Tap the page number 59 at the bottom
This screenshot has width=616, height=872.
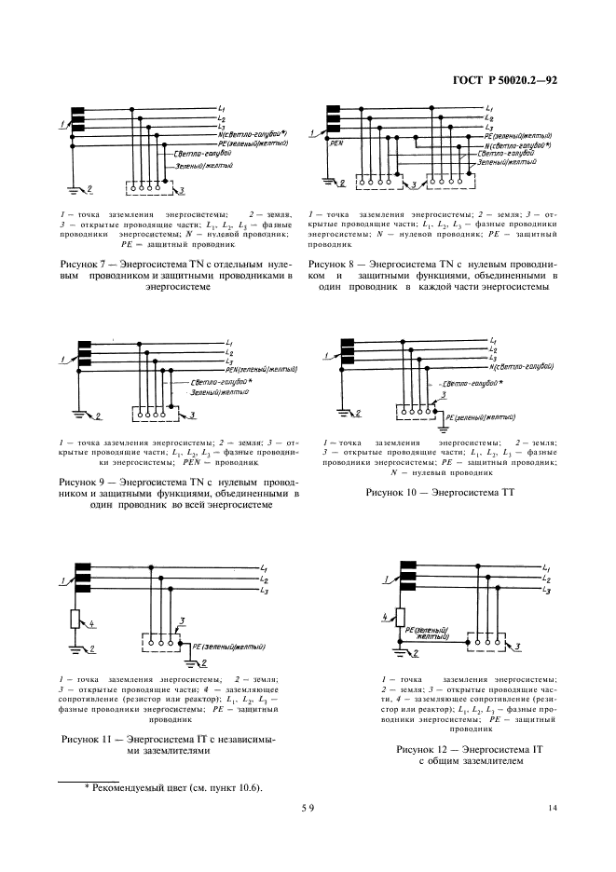tap(308, 808)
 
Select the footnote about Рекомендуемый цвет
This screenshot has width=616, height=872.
tap(172, 787)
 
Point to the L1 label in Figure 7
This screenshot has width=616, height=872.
tap(221, 109)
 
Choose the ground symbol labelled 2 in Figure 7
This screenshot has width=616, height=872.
tap(78, 192)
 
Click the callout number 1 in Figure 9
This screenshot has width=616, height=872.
tap(62, 359)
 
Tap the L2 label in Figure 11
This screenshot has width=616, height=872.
tap(265, 579)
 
